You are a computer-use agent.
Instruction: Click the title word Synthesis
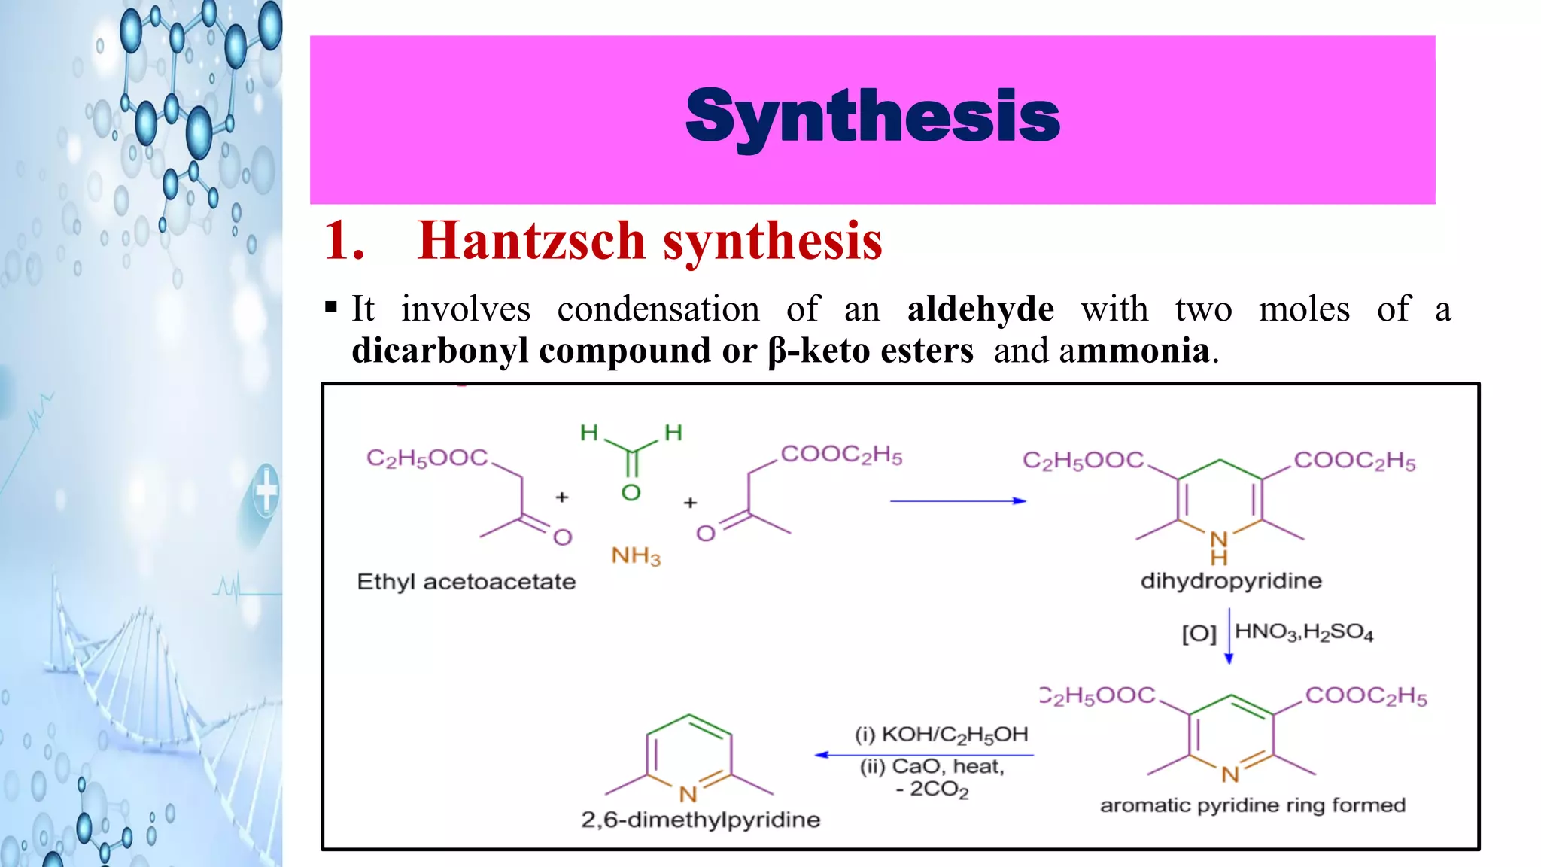(x=873, y=117)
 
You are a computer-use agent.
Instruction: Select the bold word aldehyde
(x=980, y=309)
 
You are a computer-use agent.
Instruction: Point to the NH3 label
(x=636, y=556)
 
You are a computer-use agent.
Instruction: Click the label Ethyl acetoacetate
(x=466, y=582)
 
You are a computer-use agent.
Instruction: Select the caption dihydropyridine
(x=1231, y=581)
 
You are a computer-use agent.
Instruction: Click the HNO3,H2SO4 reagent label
(x=1304, y=632)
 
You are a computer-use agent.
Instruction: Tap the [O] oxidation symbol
(x=1199, y=634)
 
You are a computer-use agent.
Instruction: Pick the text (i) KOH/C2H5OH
(x=941, y=735)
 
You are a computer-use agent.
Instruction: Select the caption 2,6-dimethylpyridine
(x=701, y=820)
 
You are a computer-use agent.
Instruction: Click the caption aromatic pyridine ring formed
(x=1252, y=805)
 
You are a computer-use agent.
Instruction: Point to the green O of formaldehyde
(x=631, y=493)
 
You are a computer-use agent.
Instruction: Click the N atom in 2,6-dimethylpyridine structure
(x=688, y=794)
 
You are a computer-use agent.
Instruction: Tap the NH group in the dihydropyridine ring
(x=1219, y=547)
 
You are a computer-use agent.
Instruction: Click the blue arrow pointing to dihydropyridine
(x=957, y=501)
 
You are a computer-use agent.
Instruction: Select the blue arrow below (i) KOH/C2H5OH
(x=924, y=755)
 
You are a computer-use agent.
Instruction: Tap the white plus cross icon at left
(x=266, y=491)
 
